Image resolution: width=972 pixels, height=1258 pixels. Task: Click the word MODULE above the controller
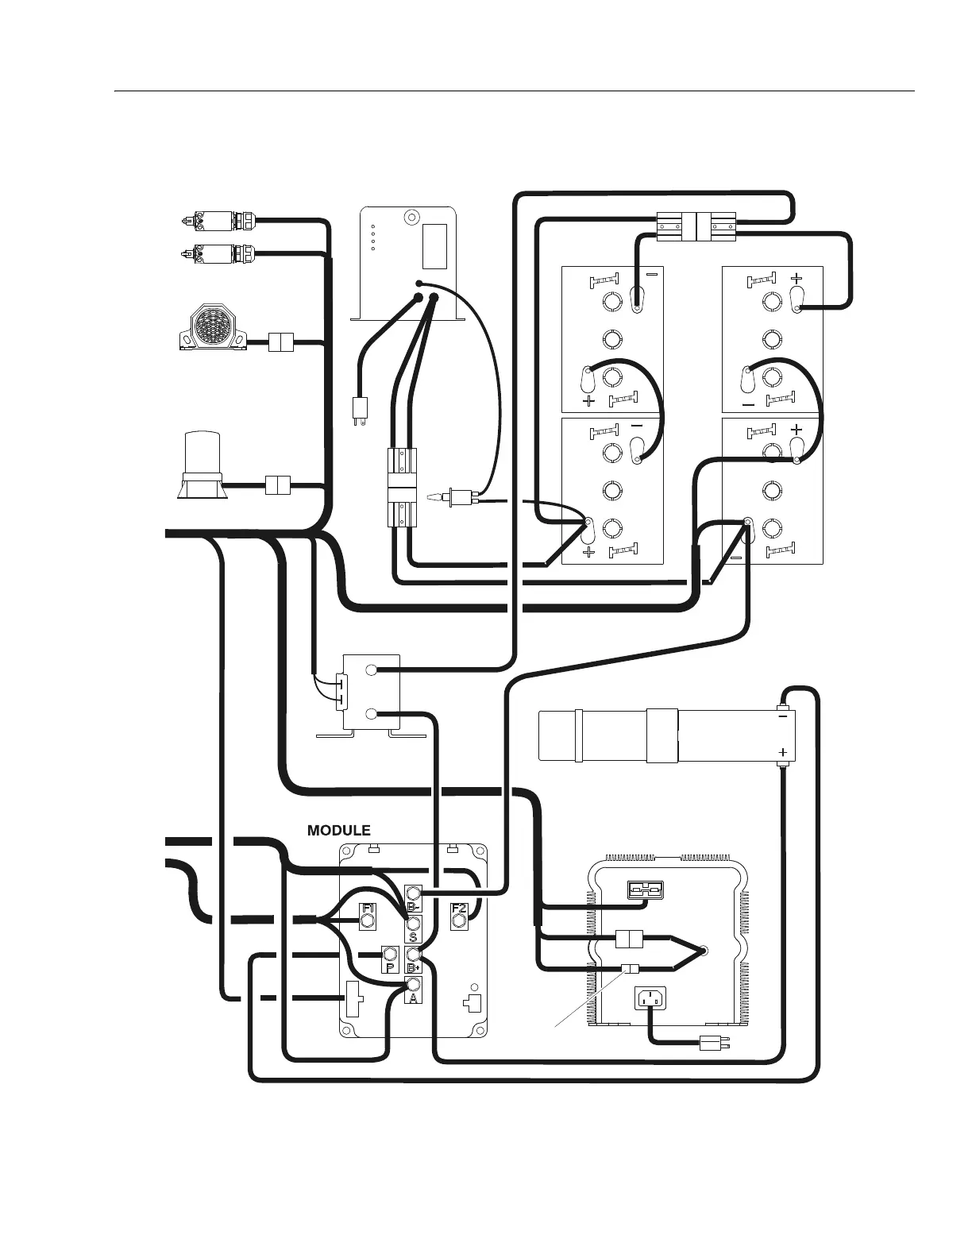tap(338, 830)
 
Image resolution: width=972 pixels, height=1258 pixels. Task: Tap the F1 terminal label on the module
tap(368, 909)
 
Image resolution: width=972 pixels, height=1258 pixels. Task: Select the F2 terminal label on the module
tap(458, 909)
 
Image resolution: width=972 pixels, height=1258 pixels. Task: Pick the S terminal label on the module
tap(413, 937)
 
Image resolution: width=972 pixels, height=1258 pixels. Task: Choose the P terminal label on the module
tap(389, 967)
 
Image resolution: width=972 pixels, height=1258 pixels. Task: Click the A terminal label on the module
tap(413, 998)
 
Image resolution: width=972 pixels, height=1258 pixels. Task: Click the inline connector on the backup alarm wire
tap(281, 342)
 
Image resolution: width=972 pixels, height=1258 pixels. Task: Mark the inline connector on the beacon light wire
tap(277, 484)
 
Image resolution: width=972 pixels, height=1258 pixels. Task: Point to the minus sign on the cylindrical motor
tap(782, 716)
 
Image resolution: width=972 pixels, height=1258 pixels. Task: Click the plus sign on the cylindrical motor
tap(782, 751)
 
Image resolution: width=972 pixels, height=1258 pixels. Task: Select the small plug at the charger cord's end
tap(708, 1043)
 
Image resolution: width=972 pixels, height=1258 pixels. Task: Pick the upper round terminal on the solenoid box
tap(371, 670)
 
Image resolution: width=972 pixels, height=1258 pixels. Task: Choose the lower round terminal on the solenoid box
tap(371, 714)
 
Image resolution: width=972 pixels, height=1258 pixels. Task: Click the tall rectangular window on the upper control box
tap(434, 246)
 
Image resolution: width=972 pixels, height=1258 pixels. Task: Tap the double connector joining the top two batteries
tap(696, 226)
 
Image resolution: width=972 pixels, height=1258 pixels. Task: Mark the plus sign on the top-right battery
tap(796, 279)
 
